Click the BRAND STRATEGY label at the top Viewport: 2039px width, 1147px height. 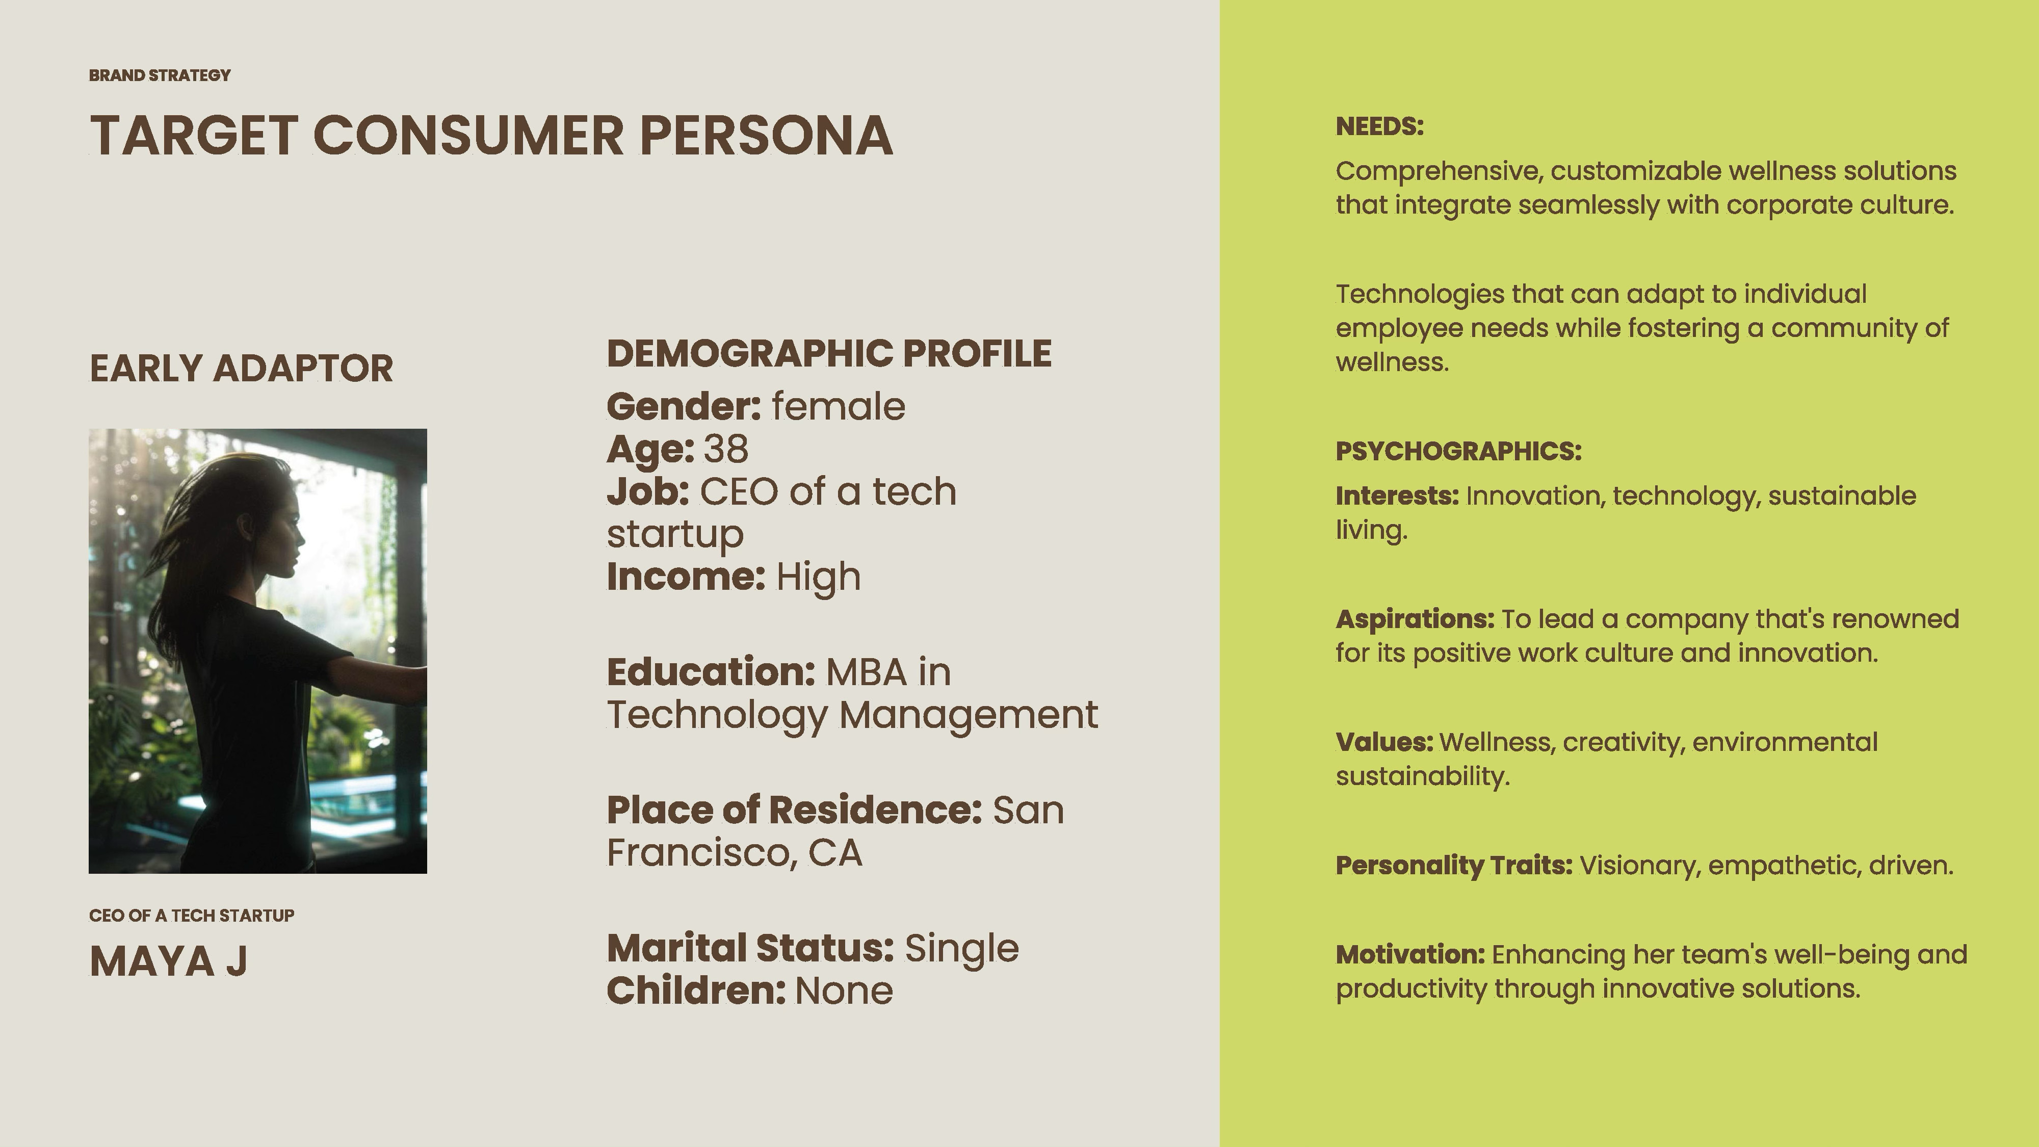(x=160, y=75)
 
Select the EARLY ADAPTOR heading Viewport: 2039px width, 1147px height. (x=242, y=368)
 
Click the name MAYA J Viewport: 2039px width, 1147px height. (x=169, y=961)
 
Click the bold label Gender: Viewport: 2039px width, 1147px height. (x=684, y=406)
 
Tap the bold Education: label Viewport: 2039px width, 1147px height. (x=711, y=672)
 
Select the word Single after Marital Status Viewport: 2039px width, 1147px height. (x=962, y=948)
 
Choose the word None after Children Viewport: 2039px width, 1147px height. (x=844, y=990)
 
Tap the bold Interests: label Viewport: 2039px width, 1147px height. (x=1397, y=496)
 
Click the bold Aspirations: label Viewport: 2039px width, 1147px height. (x=1415, y=619)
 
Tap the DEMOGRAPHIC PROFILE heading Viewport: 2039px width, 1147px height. (x=829, y=353)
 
